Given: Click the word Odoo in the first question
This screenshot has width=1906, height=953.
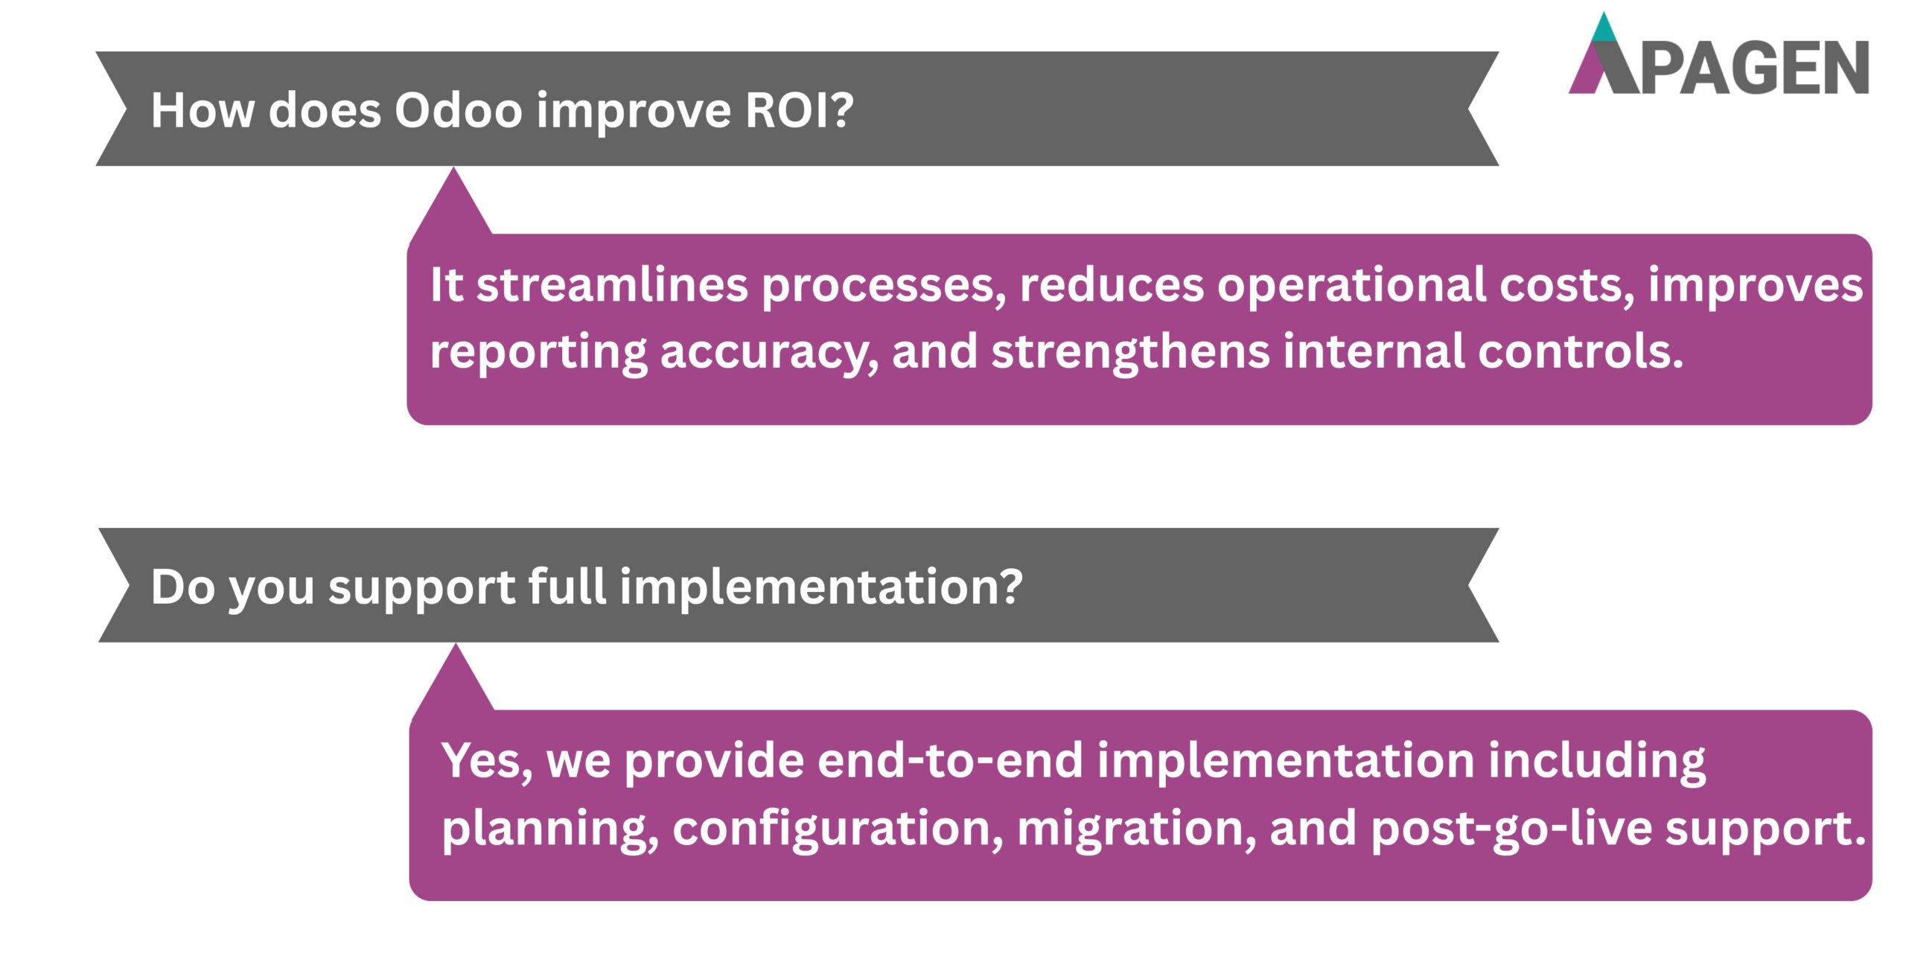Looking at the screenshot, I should point(458,110).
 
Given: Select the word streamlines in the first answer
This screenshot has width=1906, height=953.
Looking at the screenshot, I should point(611,285).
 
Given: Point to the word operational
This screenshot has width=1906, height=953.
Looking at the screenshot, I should point(1351,285).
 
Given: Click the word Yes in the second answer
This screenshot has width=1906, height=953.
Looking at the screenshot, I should point(486,761).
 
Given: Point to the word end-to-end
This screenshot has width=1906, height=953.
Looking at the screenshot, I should point(950,761).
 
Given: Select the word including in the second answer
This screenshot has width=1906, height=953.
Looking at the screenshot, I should point(1596,761).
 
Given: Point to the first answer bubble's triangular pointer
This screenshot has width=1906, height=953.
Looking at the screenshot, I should point(453,205).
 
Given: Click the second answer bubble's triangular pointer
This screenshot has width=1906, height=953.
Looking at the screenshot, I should point(455,681).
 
